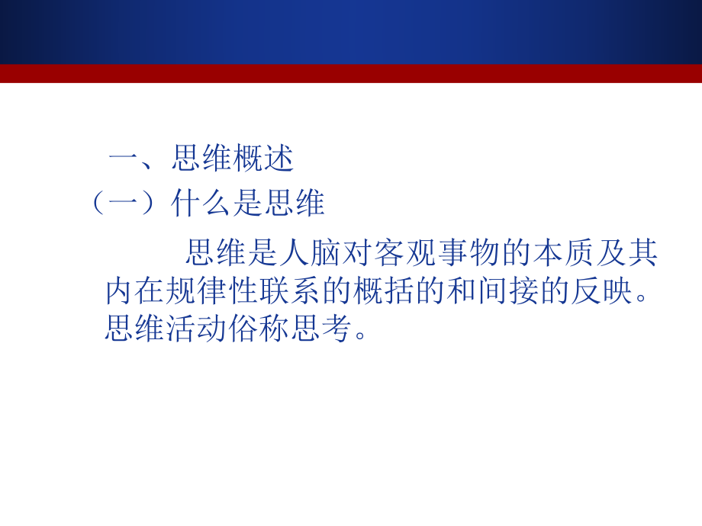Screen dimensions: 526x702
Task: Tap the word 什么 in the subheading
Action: coord(202,204)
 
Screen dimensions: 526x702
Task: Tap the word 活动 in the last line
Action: coord(198,329)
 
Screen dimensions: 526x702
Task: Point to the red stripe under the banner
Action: coord(351,73)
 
